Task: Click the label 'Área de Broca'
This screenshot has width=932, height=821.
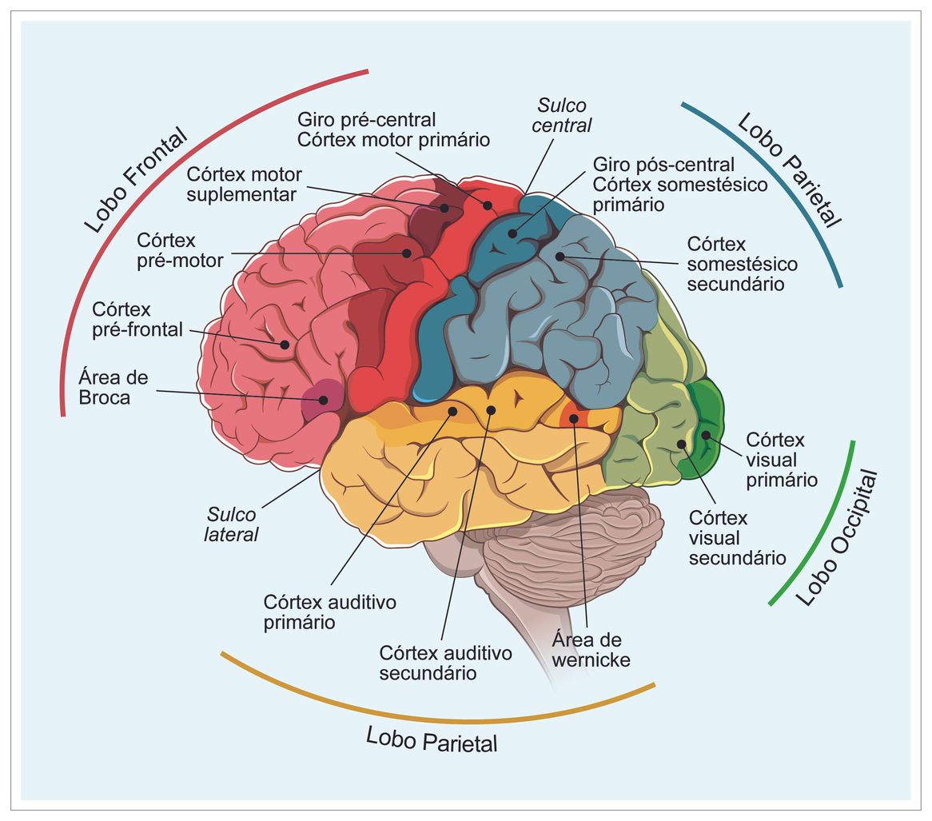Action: click(114, 387)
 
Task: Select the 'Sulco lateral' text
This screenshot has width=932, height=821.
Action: click(232, 524)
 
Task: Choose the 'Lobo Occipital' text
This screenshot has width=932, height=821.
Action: click(837, 538)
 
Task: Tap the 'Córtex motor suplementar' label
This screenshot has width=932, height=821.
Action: click(245, 184)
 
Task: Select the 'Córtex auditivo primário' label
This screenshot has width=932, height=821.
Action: click(330, 612)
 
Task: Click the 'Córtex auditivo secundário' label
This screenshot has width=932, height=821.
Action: click(446, 664)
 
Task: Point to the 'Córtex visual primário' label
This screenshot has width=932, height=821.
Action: click(781, 460)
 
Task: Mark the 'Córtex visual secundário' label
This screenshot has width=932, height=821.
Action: click(737, 538)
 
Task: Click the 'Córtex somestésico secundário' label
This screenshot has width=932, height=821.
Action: click(742, 263)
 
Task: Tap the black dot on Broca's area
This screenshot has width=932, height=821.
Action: click(324, 400)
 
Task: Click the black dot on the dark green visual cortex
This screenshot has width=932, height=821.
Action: click(706, 435)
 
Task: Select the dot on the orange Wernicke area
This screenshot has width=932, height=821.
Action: click(574, 417)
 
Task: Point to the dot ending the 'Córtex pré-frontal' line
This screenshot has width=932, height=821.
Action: click(285, 345)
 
